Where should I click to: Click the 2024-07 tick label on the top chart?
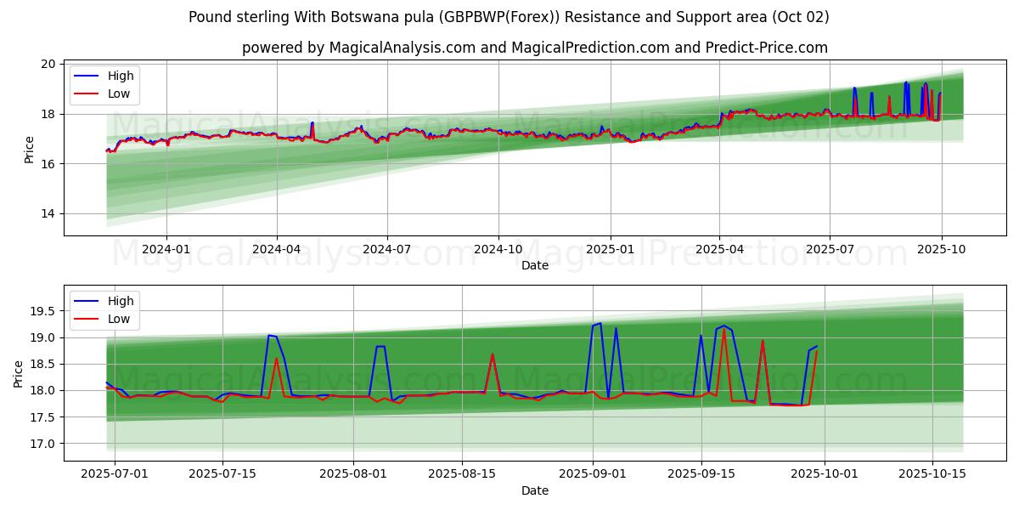point(387,249)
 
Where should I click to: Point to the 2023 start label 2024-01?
point(166,249)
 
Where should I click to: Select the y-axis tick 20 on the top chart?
point(48,65)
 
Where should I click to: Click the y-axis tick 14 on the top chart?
point(48,214)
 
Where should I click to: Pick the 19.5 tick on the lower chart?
point(42,312)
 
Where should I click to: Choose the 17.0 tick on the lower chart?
point(42,444)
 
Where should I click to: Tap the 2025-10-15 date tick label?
point(932,474)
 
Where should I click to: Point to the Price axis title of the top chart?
point(30,150)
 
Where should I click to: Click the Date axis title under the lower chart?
point(535,490)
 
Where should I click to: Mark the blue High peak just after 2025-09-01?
point(600,323)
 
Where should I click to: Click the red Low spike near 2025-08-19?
point(493,354)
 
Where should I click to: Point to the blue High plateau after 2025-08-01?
point(380,346)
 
